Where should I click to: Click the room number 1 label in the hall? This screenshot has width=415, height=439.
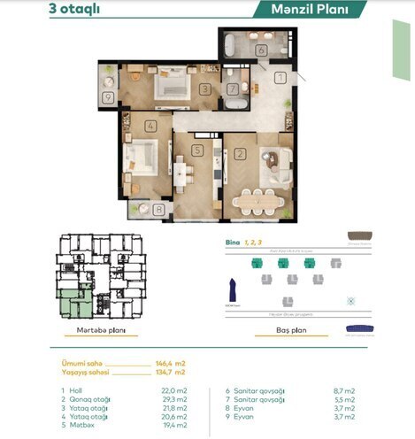click(x=280, y=79)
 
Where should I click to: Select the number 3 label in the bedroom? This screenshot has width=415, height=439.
click(x=204, y=89)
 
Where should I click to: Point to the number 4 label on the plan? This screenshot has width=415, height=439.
click(x=151, y=126)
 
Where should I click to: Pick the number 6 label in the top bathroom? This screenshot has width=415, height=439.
click(x=262, y=51)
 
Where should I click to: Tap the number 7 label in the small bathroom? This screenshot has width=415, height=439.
click(x=232, y=89)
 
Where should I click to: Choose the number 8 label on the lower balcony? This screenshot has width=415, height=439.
click(x=158, y=210)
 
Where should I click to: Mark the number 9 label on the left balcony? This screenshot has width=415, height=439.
click(x=108, y=98)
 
